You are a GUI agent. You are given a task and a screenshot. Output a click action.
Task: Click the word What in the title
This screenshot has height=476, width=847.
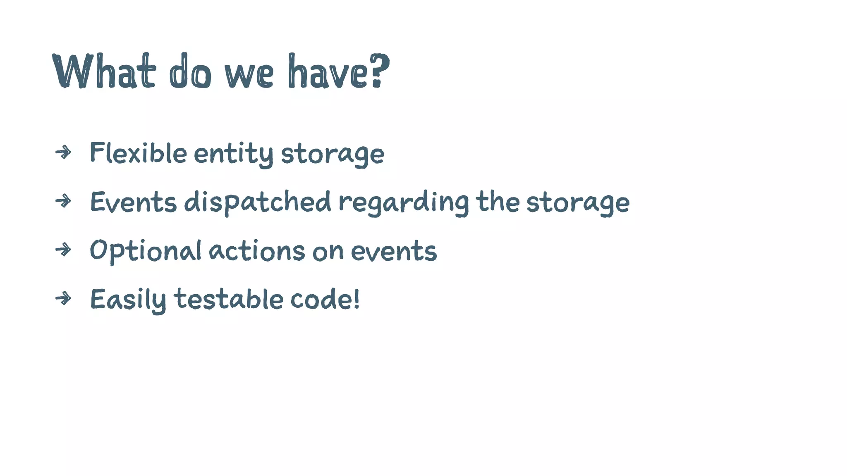pos(104,71)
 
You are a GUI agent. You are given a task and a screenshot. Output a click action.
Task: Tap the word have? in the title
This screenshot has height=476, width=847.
pos(338,71)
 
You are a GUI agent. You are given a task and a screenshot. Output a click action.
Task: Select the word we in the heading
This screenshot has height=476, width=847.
pos(249,74)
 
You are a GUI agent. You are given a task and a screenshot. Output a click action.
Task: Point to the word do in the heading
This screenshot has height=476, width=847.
pos(190,71)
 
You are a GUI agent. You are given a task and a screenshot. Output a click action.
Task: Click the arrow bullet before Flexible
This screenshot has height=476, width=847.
pos(63,152)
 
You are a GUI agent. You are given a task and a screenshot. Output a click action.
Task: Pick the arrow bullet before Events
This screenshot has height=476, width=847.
pos(63,201)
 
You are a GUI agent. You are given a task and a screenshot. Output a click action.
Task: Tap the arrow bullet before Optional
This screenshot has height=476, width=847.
pos(63,250)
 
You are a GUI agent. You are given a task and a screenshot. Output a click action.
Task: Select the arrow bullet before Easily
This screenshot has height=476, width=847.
pos(63,298)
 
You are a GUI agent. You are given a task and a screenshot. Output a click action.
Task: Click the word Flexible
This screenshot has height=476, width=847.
pos(138,153)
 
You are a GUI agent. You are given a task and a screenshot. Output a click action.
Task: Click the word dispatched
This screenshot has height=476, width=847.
pos(257,202)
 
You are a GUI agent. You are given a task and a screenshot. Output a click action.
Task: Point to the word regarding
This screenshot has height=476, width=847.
pos(404,202)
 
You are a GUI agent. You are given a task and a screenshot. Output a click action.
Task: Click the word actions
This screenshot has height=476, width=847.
pos(256,251)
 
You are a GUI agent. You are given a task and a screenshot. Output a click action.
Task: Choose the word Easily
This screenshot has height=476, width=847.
pos(128,300)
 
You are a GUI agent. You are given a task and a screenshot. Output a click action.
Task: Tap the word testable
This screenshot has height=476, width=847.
pos(228,299)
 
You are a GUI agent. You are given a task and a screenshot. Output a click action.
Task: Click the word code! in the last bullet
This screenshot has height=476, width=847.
pos(325,299)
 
